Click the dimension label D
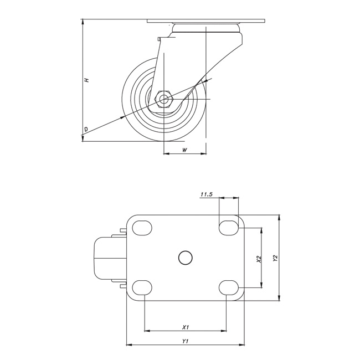click(x=85, y=129)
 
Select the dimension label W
click(x=184, y=150)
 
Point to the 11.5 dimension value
click(x=207, y=194)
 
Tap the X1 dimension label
click(x=186, y=327)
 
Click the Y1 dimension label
click(x=186, y=341)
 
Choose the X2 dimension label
click(x=259, y=259)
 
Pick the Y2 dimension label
click(x=275, y=258)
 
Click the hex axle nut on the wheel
click(x=164, y=100)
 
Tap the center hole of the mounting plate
click(x=186, y=257)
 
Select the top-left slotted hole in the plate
click(x=142, y=228)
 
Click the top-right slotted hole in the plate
click(x=229, y=227)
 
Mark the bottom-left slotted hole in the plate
click(x=142, y=287)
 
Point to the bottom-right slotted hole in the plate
click(x=229, y=287)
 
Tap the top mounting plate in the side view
click(x=206, y=22)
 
